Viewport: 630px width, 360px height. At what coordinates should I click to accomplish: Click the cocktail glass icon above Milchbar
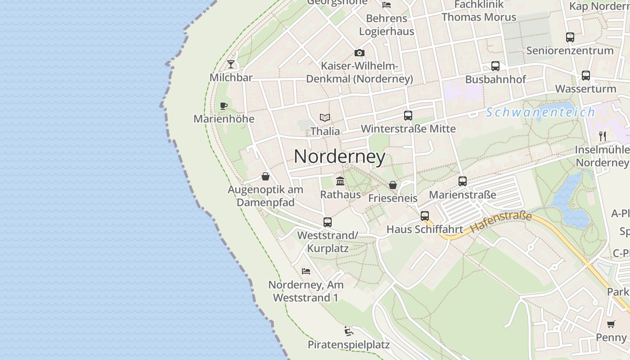point(231,64)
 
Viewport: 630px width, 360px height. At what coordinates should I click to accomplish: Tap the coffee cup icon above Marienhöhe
point(224,106)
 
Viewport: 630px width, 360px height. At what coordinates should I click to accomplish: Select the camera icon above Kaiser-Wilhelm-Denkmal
point(359,53)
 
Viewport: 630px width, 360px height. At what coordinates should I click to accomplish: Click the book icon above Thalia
point(325,117)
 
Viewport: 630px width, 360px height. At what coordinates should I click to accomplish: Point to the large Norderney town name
point(340,157)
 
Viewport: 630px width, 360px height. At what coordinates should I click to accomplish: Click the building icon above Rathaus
point(340,181)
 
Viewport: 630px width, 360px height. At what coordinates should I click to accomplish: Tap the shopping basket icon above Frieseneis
point(393,185)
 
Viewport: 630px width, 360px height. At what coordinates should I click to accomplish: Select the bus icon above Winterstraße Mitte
point(408,116)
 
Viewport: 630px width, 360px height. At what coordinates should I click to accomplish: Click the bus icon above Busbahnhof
point(495,66)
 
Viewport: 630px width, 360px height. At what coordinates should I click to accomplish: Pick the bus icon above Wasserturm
point(585,76)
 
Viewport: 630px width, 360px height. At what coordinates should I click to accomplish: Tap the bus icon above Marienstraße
point(463,181)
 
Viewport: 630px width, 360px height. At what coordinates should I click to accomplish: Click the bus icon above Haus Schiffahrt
point(425,216)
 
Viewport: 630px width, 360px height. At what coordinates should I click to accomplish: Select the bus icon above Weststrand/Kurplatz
point(328,222)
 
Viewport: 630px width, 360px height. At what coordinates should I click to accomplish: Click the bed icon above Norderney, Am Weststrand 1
point(306,271)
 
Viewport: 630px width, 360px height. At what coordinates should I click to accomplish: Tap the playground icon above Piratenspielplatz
point(349,332)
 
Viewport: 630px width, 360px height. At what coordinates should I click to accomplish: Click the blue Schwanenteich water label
point(540,112)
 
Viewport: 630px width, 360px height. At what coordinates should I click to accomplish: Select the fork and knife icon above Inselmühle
point(603,136)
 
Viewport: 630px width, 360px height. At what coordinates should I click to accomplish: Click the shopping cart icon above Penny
point(611,324)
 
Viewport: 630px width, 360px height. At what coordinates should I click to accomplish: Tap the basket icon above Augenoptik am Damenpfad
point(265,176)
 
